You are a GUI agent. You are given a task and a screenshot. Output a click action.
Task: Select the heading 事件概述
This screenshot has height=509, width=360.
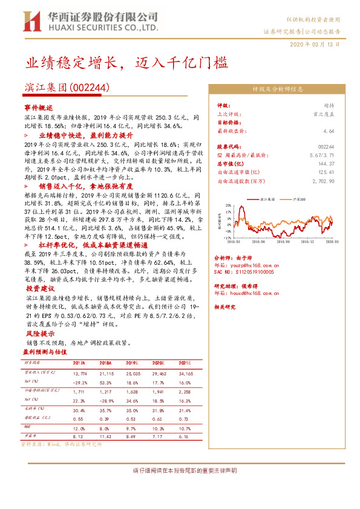(38, 106)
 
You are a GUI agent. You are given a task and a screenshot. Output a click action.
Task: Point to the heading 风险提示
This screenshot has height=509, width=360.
(38, 332)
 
